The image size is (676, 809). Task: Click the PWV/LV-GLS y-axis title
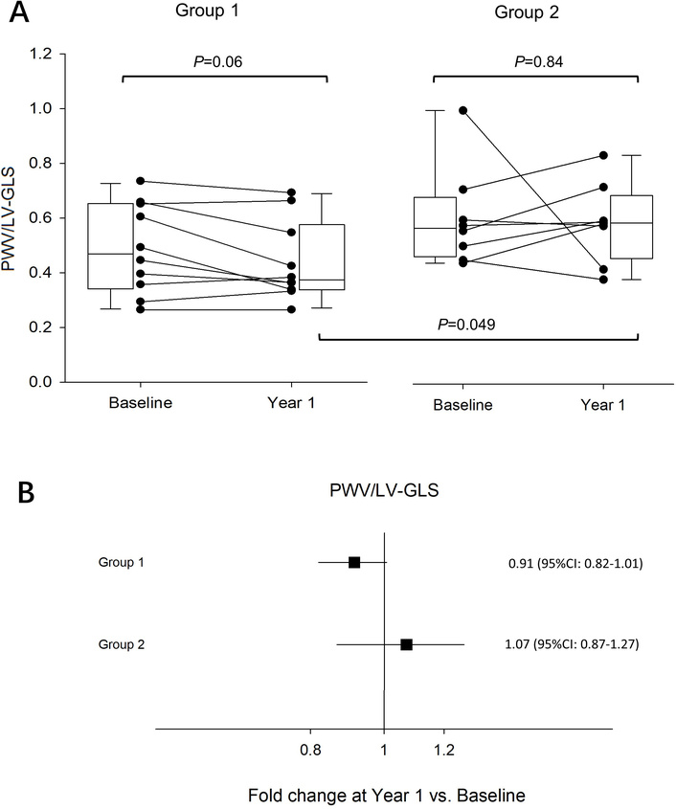13,218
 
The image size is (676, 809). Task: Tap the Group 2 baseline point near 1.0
464,110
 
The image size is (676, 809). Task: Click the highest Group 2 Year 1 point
604,155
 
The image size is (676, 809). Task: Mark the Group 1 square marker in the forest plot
354,562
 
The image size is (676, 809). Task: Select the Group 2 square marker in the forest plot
406,644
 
